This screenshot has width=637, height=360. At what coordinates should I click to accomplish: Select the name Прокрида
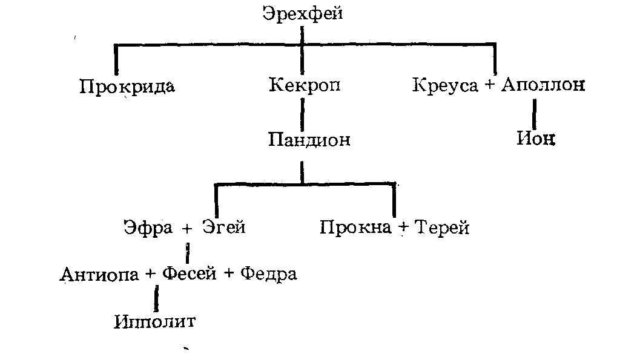click(127, 87)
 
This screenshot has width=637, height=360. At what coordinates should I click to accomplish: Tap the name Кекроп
click(304, 85)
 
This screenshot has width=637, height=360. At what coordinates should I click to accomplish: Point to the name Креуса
click(446, 85)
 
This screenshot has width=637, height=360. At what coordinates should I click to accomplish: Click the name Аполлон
click(543, 85)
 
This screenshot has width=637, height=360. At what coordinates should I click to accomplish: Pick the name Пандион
click(309, 140)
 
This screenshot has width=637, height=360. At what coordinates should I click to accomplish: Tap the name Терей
click(441, 228)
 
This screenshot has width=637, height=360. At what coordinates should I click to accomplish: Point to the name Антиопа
click(99, 274)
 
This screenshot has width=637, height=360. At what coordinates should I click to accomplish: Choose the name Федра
click(268, 274)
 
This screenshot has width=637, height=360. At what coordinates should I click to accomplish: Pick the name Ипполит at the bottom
click(155, 321)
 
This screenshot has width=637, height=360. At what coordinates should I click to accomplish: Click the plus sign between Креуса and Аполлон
click(490, 86)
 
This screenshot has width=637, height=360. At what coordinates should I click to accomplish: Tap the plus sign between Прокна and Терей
click(401, 229)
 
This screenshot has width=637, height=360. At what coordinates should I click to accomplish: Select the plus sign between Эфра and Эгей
click(187, 229)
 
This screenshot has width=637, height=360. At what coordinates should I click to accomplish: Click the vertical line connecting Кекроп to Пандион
click(302, 113)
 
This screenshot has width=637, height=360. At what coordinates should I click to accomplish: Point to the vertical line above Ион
click(535, 113)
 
